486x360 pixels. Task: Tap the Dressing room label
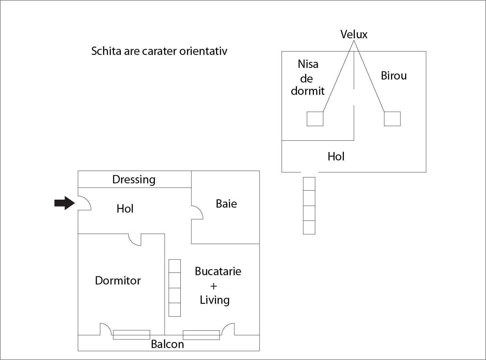[134, 180]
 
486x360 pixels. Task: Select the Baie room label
[226, 204]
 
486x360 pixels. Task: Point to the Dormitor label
[118, 280]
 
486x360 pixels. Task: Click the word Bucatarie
[218, 271]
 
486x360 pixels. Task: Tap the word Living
[215, 300]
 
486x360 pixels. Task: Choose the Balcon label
[167, 344]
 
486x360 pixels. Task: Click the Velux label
[354, 34]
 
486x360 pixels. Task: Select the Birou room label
[394, 76]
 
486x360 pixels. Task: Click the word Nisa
[308, 64]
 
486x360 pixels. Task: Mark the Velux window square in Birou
[392, 119]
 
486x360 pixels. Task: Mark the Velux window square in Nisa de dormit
[315, 119]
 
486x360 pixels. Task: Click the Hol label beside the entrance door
[125, 209]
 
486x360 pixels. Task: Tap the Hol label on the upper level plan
[336, 156]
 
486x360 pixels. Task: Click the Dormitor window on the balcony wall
[131, 335]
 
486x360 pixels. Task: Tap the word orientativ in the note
[203, 51]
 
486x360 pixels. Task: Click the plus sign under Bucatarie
[213, 286]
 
